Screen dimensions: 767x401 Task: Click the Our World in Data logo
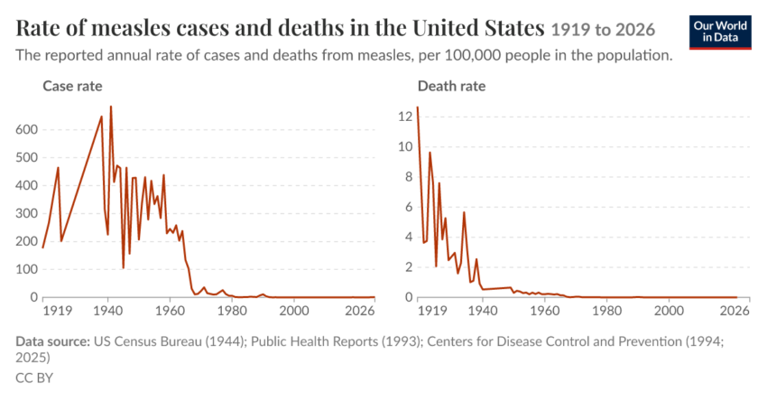[720, 33]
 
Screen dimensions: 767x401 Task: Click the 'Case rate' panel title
[72, 86]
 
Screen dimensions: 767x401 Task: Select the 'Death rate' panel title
[451, 86]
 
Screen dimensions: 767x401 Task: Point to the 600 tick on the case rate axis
[27, 130]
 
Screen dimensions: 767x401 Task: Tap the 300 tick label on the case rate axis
[27, 213]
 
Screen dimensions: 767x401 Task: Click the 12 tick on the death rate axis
[405, 117]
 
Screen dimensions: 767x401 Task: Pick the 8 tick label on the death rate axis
[409, 177]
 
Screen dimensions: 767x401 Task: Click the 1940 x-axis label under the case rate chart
[108, 311]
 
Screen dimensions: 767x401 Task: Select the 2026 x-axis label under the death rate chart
[735, 311]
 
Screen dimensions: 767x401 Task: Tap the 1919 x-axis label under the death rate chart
[432, 311]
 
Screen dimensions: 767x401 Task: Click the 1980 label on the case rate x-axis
[232, 311]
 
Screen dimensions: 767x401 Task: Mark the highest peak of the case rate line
[111, 107]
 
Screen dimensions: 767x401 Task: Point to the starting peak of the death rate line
[417, 107]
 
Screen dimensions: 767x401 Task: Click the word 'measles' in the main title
[130, 28]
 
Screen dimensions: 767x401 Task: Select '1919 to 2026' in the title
[603, 30]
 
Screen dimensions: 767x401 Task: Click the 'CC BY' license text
[34, 378]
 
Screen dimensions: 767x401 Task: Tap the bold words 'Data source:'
[53, 341]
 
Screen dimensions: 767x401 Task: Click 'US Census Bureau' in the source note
[147, 341]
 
